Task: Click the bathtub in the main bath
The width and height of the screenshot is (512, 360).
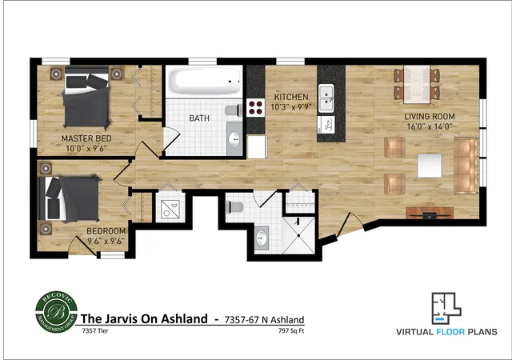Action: [x=203, y=82]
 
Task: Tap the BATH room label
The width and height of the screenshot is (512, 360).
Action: [x=200, y=118]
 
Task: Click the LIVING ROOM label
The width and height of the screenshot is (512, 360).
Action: [x=428, y=120]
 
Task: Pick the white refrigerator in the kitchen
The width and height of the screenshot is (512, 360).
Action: [x=256, y=147]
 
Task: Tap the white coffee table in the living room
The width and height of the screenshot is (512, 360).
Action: [x=428, y=165]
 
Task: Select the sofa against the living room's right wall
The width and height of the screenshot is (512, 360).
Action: [x=466, y=165]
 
